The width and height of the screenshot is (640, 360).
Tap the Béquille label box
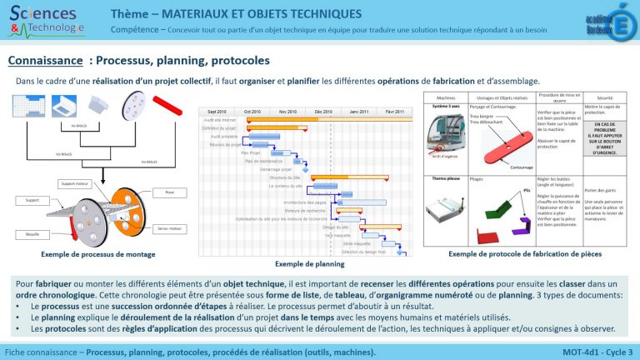tap(32, 233)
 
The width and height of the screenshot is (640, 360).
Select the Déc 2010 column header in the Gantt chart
tap(323, 111)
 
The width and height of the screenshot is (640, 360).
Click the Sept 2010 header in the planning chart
tap(217, 111)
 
